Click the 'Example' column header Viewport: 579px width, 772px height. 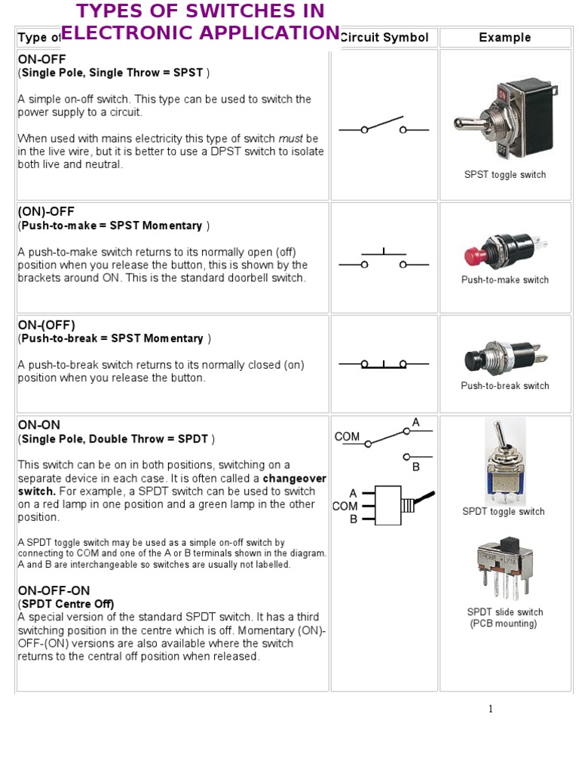pos(504,38)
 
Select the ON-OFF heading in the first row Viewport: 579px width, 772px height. pos(41,59)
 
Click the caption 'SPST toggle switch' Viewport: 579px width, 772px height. pos(504,175)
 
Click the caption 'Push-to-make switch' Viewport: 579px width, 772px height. pos(504,280)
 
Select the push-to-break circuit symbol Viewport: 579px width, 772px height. pos(384,364)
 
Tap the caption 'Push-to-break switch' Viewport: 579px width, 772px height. pos(504,386)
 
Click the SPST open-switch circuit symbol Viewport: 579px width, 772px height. pos(384,127)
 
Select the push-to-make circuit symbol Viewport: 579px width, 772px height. pos(384,260)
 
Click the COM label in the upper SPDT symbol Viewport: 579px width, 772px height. pos(347,437)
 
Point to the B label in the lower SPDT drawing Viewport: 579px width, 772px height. pos(353,519)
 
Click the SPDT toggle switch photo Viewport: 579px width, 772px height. pos(504,461)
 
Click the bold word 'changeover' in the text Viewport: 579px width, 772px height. pos(294,479)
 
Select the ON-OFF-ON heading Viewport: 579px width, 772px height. pos(54,591)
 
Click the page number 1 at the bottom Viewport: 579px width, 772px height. pos(490,709)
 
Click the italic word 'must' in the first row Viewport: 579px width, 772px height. pos(290,139)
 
